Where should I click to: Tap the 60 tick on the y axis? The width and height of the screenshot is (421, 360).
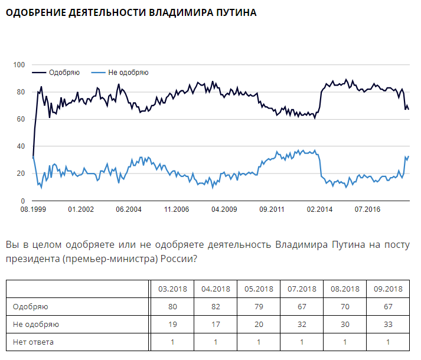tap(21, 119)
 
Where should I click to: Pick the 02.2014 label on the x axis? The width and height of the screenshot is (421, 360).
tap(319, 210)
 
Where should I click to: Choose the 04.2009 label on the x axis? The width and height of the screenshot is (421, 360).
tap(223, 210)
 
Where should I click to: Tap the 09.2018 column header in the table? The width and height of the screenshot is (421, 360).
tap(388, 289)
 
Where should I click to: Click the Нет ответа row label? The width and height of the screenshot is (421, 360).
tap(33, 342)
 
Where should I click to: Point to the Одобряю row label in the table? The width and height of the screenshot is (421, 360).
tap(30, 306)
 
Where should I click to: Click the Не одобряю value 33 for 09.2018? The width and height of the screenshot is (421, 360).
tap(388, 324)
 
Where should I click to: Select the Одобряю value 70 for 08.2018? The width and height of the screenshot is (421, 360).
tap(344, 306)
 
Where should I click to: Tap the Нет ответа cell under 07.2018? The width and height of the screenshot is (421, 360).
tap(301, 342)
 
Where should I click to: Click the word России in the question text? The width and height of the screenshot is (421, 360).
tap(175, 258)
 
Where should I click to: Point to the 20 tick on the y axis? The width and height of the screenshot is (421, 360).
tap(21, 174)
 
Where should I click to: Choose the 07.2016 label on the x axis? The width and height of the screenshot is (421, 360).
tap(367, 210)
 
